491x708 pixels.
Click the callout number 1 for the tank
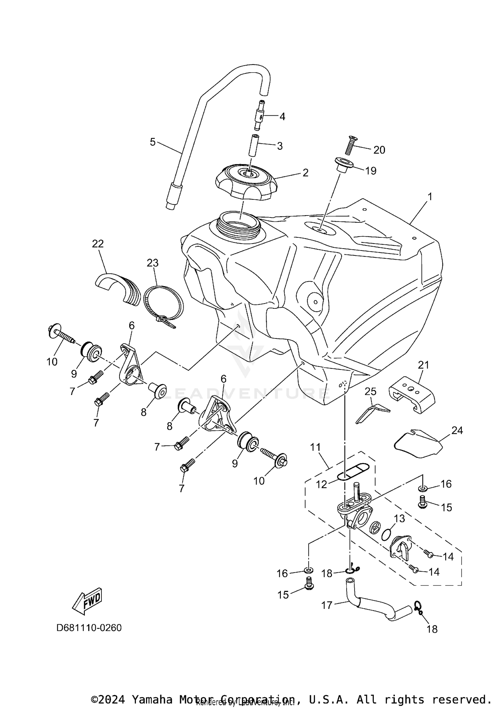tap(430, 197)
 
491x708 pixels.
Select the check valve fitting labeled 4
tap(259, 116)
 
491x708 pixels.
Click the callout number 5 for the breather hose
tap(153, 142)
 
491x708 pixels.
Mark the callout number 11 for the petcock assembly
tap(315, 447)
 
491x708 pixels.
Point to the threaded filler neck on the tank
tap(239, 225)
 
